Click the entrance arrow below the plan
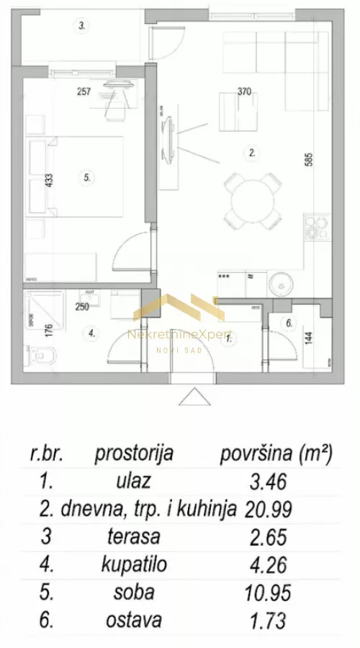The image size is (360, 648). pyautogui.click(x=194, y=397)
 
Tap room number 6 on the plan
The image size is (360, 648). pyautogui.click(x=289, y=323)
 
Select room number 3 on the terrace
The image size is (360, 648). pyautogui.click(x=83, y=26)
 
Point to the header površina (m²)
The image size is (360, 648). pyautogui.click(x=275, y=454)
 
